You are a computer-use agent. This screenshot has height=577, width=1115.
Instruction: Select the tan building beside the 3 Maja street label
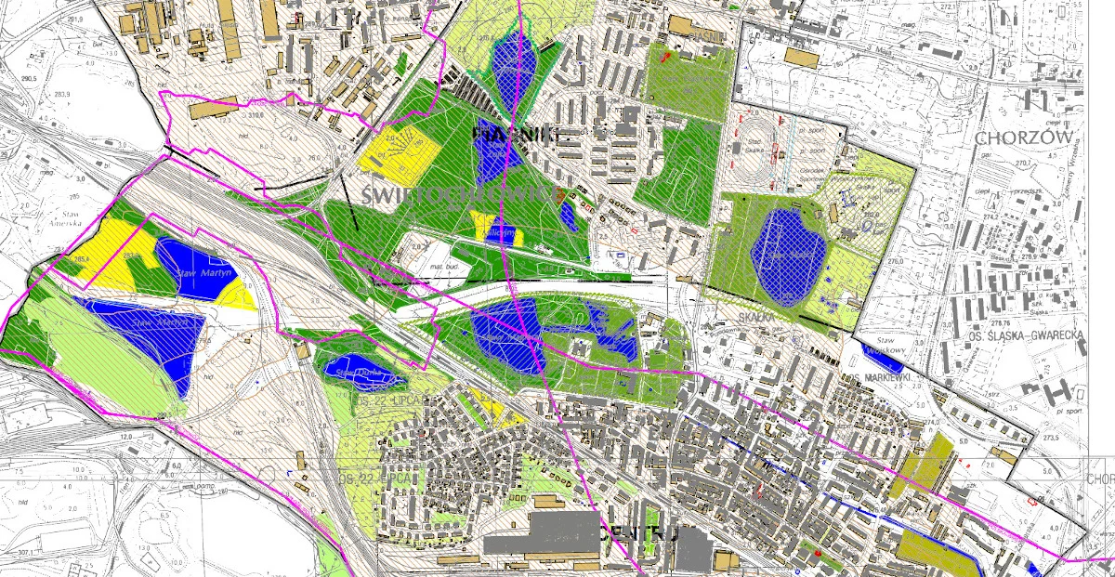tap(799, 57)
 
